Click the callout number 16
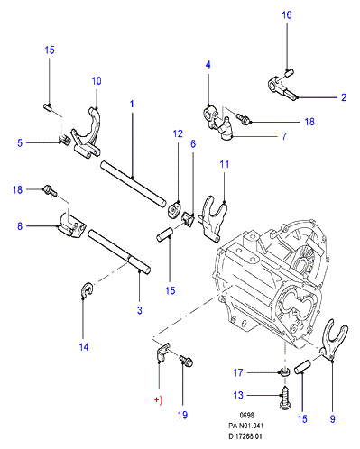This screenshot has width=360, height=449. [x=287, y=15]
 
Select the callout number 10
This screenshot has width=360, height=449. [x=97, y=81]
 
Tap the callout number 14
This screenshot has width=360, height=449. [x=84, y=347]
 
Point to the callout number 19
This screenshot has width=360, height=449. [x=182, y=415]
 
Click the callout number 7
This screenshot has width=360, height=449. [x=284, y=136]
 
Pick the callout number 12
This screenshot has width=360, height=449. [x=178, y=133]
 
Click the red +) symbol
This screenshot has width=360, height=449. [x=158, y=400]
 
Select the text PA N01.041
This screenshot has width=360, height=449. [x=245, y=426]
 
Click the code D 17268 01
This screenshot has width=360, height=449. [x=245, y=436]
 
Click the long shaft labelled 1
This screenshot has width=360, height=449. [x=133, y=183]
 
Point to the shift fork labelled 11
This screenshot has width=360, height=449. [x=213, y=218]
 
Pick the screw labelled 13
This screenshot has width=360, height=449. [x=285, y=397]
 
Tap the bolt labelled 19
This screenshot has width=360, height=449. [x=186, y=361]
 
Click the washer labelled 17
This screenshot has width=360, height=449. [x=284, y=373]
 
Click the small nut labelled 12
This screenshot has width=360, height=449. [x=174, y=210]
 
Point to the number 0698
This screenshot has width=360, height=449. [x=246, y=415]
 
